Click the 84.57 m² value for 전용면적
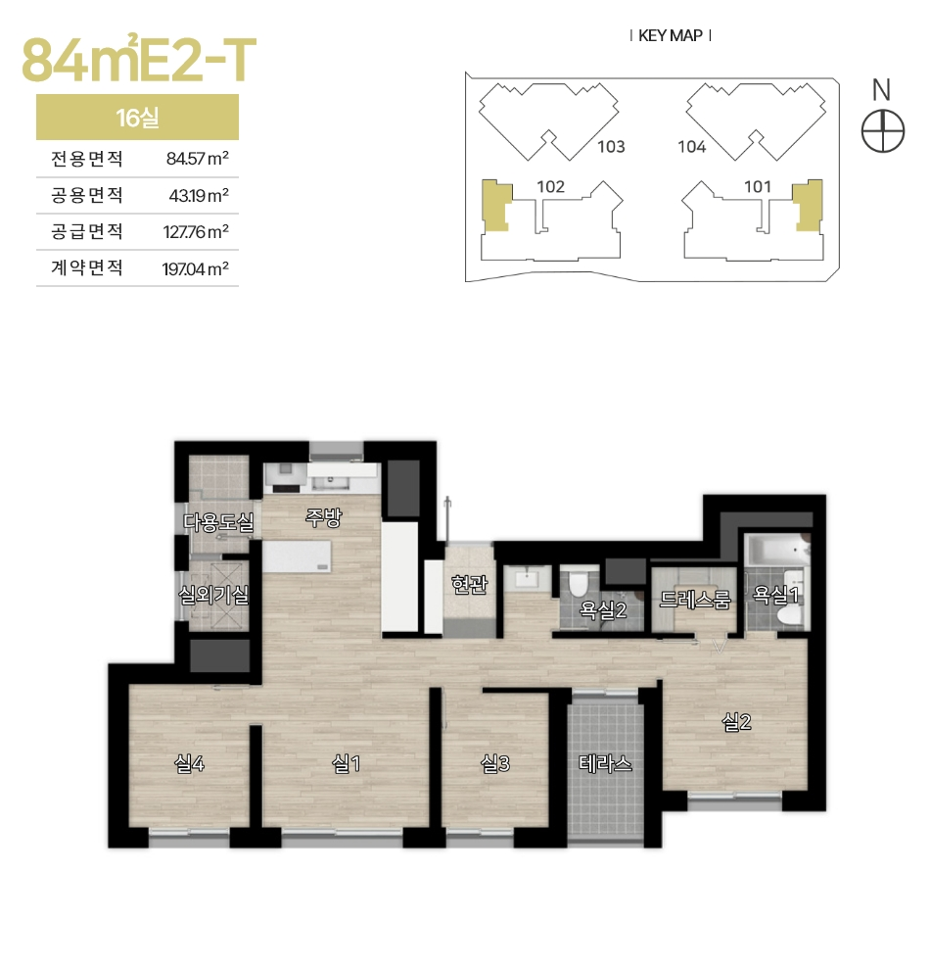[x=198, y=159]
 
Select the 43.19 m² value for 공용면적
[x=199, y=195]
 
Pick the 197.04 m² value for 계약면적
[x=196, y=268]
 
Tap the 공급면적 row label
[x=86, y=231]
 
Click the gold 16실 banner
[x=138, y=117]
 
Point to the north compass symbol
[x=883, y=131]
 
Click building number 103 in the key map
[x=611, y=146]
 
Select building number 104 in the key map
[x=691, y=146]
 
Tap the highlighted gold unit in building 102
[x=495, y=206]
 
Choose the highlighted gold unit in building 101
[x=809, y=206]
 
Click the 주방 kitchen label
[x=323, y=517]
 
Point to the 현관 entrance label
[x=470, y=583]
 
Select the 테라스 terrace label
[x=605, y=763]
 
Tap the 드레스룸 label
[x=695, y=599]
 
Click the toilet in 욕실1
[x=788, y=614]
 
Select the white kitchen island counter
[x=298, y=557]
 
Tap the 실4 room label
[x=189, y=764]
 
